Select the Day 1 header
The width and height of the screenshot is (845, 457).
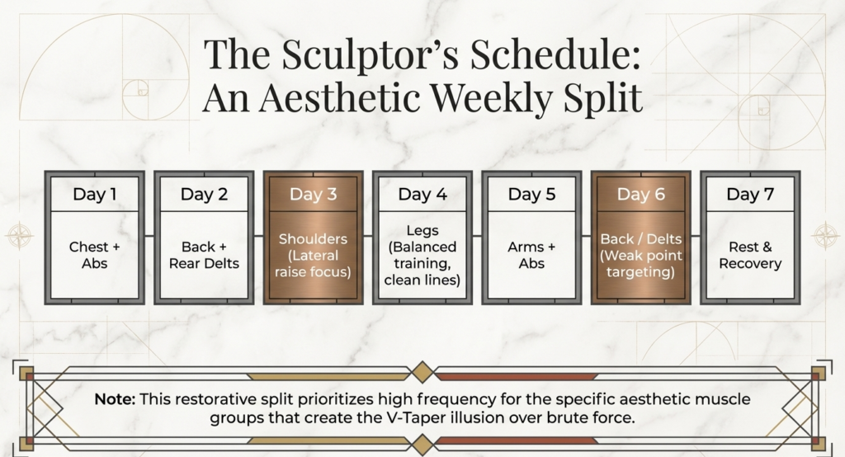point(94,194)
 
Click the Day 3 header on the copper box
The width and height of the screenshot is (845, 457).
point(313,194)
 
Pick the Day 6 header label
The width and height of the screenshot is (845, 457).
point(640,194)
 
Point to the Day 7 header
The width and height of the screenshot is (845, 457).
point(750,194)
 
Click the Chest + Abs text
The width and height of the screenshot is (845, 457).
point(94,255)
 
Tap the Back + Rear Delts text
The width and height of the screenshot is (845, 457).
point(204,255)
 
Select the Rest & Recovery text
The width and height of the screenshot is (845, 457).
point(750,255)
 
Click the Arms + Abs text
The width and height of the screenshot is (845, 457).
point(531,255)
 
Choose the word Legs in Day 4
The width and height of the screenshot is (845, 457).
point(422,231)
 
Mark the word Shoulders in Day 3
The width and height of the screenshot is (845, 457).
point(313,238)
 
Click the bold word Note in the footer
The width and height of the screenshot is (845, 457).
point(115,399)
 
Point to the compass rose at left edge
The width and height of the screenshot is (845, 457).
point(20,236)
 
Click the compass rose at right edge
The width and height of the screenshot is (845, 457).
point(825,236)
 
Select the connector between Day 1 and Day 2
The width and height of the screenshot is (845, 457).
point(149,236)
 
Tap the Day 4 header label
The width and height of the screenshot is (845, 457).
point(422,194)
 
